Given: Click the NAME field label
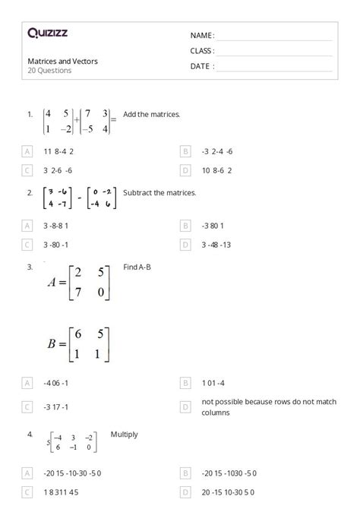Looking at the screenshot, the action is (x=202, y=36).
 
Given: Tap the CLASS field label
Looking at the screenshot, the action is (x=202, y=51).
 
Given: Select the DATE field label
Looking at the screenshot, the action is (x=202, y=66).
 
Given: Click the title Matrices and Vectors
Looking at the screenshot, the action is (x=62, y=61).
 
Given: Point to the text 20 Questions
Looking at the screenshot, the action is (x=49, y=71).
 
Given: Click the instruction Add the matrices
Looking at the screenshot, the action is (x=151, y=115).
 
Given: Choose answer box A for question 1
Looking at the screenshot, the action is (x=27, y=151).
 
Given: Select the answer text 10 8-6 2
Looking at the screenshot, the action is (x=217, y=171).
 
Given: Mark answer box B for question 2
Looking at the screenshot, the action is (x=185, y=226).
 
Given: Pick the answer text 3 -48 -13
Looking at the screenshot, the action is (x=217, y=245).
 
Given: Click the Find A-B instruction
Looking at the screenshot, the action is (x=137, y=267).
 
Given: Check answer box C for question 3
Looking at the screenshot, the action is (x=27, y=406).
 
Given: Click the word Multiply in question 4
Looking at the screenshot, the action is (x=125, y=435).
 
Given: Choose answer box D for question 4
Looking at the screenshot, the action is (x=185, y=493).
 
